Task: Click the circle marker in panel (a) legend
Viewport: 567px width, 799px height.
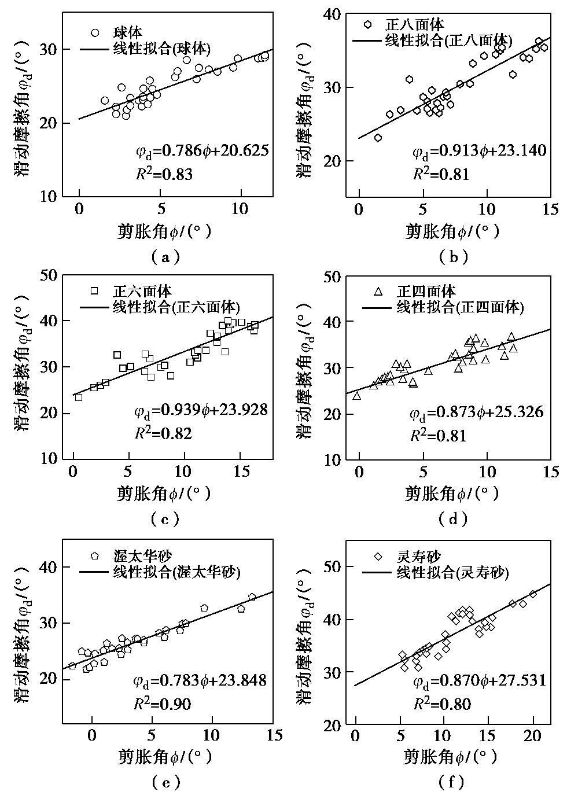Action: (95, 33)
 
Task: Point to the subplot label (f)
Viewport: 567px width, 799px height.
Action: (451, 783)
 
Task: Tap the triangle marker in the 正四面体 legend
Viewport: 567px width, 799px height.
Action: (378, 291)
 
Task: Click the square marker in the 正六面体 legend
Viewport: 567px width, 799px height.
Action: (95, 291)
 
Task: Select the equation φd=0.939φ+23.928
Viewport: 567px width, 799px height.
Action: (200, 411)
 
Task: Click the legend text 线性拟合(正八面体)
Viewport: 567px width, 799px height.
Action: (449, 40)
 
